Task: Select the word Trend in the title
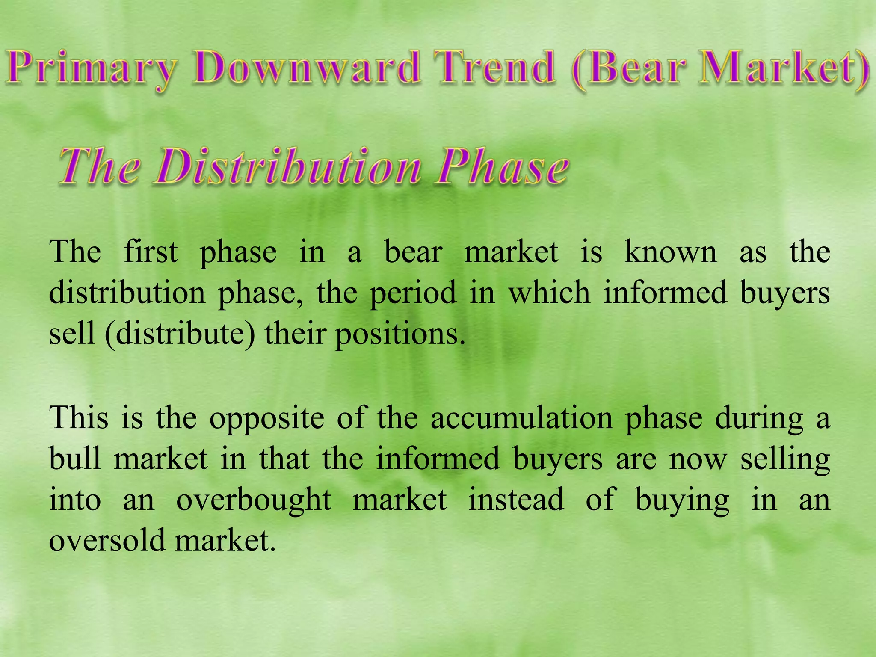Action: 494,68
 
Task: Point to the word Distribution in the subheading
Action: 287,167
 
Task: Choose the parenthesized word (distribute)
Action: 180,334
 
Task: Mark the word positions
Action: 400,334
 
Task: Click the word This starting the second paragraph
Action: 79,417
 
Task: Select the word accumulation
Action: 522,417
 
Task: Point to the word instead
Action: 516,499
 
